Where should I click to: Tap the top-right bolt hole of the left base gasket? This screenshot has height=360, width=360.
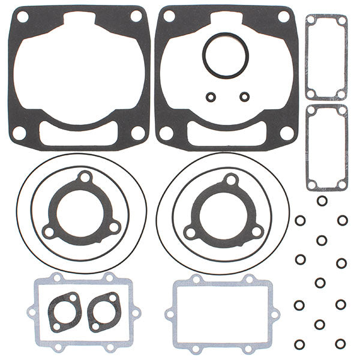tap(136, 16)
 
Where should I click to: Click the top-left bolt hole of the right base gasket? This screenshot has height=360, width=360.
tap(170, 16)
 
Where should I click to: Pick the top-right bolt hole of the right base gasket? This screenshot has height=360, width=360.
tap(283, 16)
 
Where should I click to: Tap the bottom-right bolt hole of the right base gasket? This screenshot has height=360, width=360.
tap(287, 133)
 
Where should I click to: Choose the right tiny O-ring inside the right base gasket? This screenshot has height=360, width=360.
tap(244, 96)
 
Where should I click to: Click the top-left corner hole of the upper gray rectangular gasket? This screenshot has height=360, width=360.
tap(311, 21)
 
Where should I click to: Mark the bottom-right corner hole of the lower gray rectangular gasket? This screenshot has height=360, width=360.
tap(342, 184)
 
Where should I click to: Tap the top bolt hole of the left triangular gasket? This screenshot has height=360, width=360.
tap(85, 178)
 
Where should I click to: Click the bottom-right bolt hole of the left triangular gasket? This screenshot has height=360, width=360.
tap(114, 227)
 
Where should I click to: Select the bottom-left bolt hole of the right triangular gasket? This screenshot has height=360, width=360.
tap(191, 231)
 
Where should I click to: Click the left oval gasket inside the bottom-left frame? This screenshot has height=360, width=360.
tap(65, 312)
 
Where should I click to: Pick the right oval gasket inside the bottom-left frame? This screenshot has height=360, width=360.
tap(104, 312)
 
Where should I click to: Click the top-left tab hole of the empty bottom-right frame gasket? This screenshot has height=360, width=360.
tap(196, 279)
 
